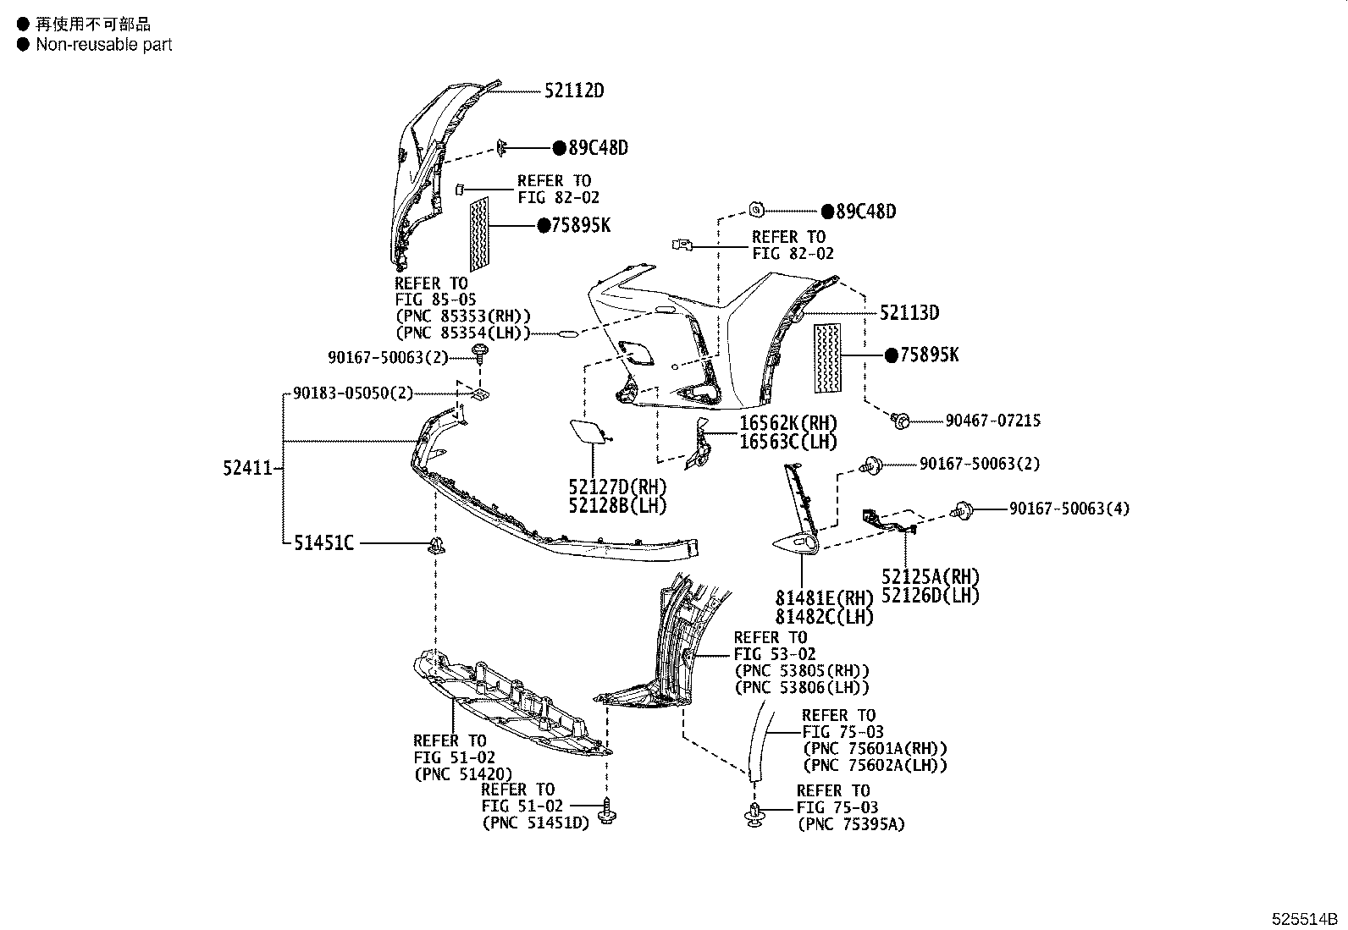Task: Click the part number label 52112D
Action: click(574, 91)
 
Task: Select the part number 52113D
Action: click(909, 313)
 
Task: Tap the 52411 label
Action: click(248, 468)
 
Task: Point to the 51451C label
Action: click(323, 543)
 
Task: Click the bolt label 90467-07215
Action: click(993, 421)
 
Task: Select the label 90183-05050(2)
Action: click(353, 393)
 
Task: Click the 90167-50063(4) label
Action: click(1069, 509)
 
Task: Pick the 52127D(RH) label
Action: click(617, 487)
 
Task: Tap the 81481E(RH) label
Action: click(824, 598)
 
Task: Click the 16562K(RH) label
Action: click(788, 423)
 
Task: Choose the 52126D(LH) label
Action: click(931, 596)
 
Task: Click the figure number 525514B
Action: click(1304, 919)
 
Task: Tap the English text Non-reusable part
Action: click(104, 45)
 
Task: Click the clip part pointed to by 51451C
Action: click(436, 545)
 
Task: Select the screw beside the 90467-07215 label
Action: click(900, 421)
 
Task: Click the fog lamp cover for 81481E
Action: click(796, 544)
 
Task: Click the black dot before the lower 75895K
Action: click(892, 355)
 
